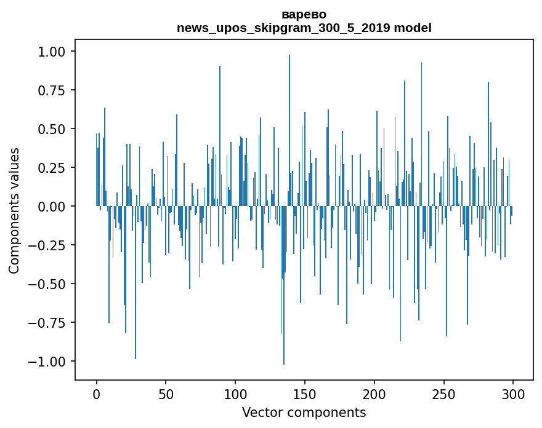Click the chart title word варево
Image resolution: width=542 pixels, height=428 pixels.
coord(304,14)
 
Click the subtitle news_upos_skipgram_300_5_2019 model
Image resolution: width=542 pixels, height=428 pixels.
coord(304,28)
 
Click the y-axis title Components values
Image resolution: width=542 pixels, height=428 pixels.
coord(14,210)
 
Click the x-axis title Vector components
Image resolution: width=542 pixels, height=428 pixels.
coord(304,413)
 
